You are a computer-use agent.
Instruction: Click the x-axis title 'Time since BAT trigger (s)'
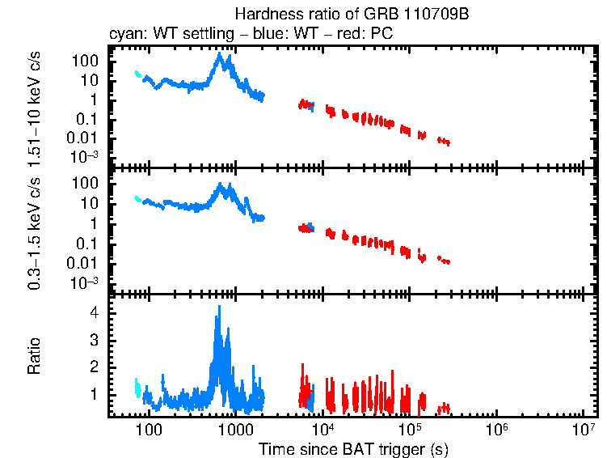tap(353, 448)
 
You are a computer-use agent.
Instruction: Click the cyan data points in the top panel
tap(137, 74)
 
